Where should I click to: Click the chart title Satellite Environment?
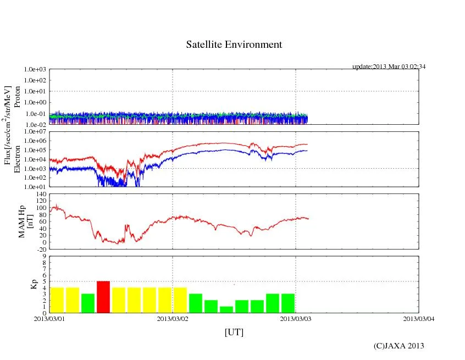[234, 45]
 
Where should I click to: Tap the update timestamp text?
[389, 67]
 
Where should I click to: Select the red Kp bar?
[103, 297]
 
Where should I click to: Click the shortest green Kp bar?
[226, 309]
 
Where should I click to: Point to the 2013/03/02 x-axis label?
[173, 319]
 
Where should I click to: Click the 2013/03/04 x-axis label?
[419, 319]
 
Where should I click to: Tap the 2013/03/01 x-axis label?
[49, 319]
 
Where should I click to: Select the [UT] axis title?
[234, 333]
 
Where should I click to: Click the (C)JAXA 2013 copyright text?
[398, 345]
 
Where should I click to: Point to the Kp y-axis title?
[34, 284]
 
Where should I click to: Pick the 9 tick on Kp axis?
[43, 256]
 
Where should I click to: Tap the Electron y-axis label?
[17, 159]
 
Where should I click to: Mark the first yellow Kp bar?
[57, 300]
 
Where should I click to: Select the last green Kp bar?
[288, 303]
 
